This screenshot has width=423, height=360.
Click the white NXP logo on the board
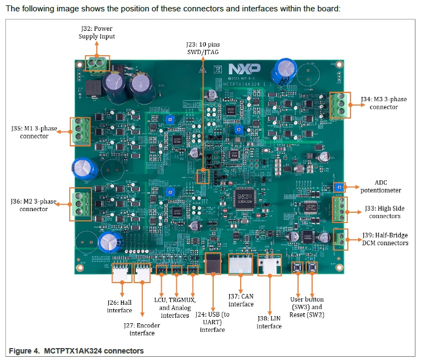pos(244,69)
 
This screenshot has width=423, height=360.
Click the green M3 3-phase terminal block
pos(339,104)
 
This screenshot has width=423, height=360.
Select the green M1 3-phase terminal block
pos(79,132)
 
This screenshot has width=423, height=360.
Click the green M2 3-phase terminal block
pos(79,204)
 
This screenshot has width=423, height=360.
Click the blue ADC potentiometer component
pos(339,187)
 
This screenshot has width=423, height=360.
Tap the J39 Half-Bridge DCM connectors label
pos(385,239)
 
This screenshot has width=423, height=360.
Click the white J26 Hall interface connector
pos(121,273)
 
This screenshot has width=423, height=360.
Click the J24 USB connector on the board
pos(213,264)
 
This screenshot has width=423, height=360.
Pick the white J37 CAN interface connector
pos(241,265)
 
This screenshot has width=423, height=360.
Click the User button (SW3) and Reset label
pos(307,306)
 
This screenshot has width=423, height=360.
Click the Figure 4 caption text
pos(76,351)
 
